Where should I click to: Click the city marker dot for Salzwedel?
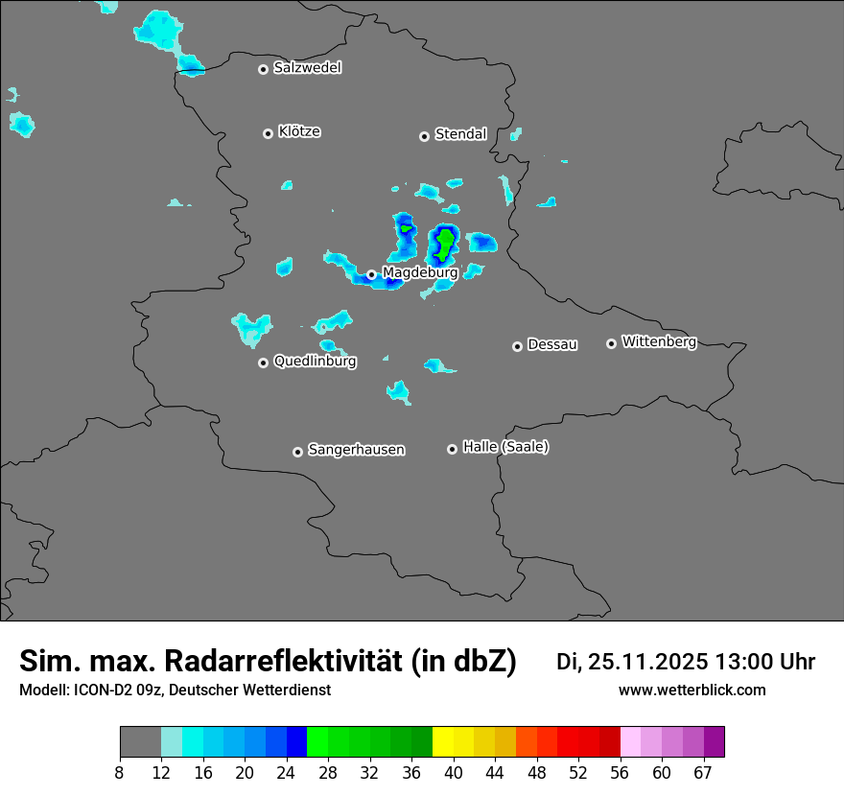(x=263, y=69)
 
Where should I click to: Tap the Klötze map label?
(x=299, y=131)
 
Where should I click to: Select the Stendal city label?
(x=460, y=134)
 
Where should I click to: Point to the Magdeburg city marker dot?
(x=371, y=274)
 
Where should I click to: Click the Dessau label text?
(x=552, y=344)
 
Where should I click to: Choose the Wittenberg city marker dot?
(x=611, y=343)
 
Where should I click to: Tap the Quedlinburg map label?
(x=315, y=362)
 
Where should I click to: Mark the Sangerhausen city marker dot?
(x=297, y=452)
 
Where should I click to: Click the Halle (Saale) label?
(x=505, y=447)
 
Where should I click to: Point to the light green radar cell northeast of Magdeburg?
(x=444, y=245)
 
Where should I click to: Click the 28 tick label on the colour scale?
(x=328, y=773)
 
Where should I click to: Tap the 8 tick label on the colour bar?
(x=120, y=773)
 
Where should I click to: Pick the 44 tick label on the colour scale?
(x=494, y=773)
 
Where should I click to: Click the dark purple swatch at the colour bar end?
(x=715, y=742)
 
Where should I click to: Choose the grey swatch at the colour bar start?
(x=140, y=742)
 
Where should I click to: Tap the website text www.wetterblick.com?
(x=692, y=690)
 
